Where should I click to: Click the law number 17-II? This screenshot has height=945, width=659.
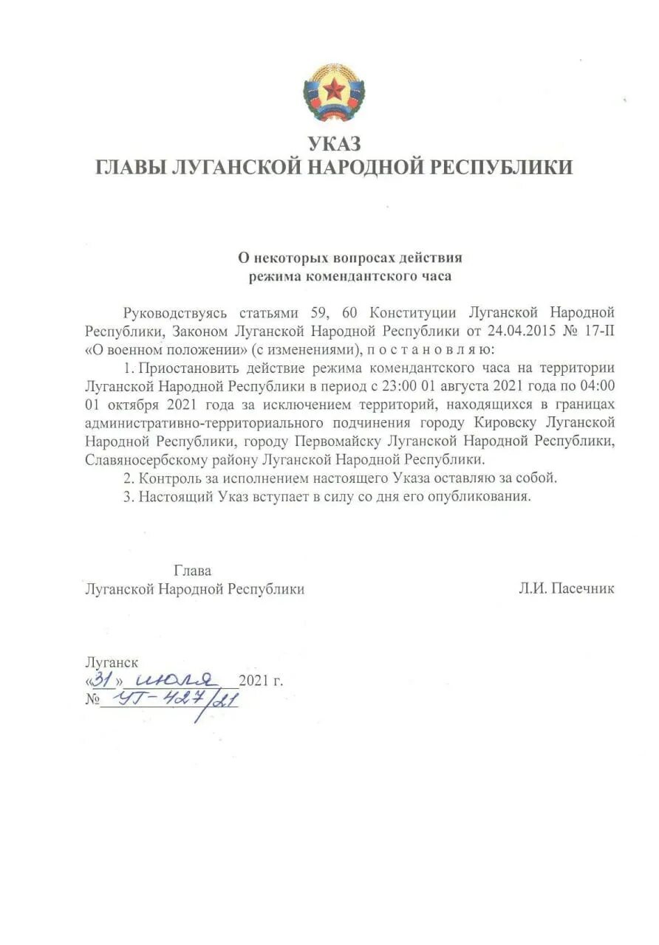[598, 330]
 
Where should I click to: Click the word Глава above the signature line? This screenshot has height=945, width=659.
[193, 571]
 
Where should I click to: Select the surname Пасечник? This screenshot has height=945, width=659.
[581, 589]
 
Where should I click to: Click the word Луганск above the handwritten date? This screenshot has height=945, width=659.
[112, 662]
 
